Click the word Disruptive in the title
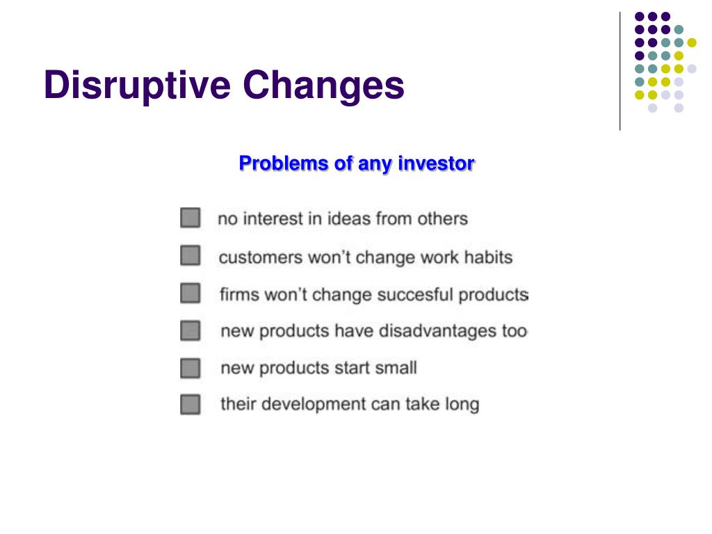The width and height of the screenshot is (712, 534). click(x=137, y=86)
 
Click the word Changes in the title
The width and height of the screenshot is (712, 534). click(x=323, y=86)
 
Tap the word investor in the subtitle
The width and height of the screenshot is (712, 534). click(x=436, y=163)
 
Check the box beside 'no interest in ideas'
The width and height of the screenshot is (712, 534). click(x=191, y=218)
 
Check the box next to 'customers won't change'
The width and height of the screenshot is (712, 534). click(x=191, y=255)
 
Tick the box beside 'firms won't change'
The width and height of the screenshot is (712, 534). click(x=191, y=293)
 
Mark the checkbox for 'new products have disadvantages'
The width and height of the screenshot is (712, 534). click(x=191, y=330)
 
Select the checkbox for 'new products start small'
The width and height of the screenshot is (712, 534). click(x=191, y=368)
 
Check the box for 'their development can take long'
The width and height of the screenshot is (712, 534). click(x=191, y=404)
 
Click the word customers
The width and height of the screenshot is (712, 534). click(x=261, y=257)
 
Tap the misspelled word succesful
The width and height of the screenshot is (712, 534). click(x=415, y=294)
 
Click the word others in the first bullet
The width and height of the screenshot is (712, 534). click(x=442, y=219)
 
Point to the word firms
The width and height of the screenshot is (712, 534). click(x=239, y=294)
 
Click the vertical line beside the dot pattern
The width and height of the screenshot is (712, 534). click(x=620, y=72)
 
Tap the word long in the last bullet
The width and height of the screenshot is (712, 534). click(x=462, y=405)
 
